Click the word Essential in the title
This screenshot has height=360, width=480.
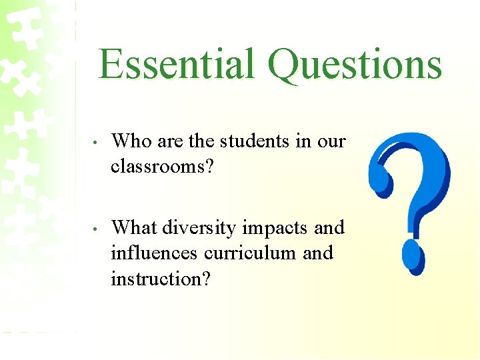tap(177, 65)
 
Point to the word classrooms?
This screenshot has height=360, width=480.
tap(162, 167)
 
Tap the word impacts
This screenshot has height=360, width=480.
tap(275, 229)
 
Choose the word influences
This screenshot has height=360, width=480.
tap(154, 253)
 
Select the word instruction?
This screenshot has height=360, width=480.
tap(161, 279)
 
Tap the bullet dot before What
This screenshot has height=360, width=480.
tap(97, 230)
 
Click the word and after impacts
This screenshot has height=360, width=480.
tap(329, 228)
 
